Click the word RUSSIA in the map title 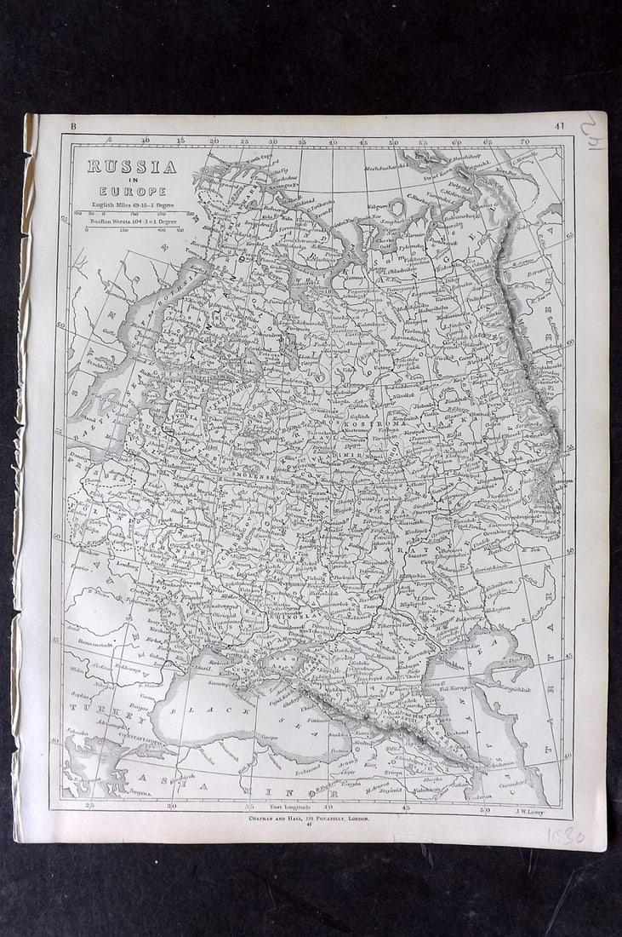(131, 167)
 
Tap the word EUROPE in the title (131, 192)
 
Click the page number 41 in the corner (558, 126)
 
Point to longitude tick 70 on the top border (525, 141)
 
